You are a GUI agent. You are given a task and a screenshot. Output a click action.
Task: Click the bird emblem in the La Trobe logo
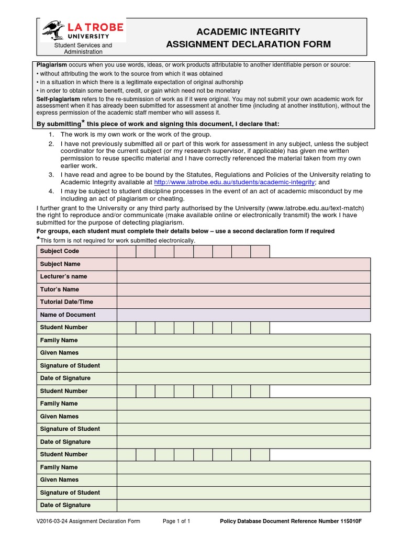[x=52, y=30]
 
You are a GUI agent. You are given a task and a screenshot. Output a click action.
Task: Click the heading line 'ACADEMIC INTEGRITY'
[x=248, y=32]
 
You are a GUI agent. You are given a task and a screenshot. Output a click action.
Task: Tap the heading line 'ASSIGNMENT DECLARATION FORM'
[x=248, y=44]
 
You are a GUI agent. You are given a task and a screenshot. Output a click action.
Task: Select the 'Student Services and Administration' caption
[x=83, y=49]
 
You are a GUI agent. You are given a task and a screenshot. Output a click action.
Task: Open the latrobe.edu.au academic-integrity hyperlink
[x=234, y=182]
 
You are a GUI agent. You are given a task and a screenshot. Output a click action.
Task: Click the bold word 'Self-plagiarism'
[x=58, y=99]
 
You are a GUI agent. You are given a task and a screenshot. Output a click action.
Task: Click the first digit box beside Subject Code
[x=127, y=251]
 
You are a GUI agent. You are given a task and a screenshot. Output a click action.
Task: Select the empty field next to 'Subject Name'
[x=243, y=264]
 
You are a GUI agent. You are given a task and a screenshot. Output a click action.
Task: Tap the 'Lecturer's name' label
[x=63, y=276]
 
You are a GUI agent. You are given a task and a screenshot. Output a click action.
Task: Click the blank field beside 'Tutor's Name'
[x=243, y=289]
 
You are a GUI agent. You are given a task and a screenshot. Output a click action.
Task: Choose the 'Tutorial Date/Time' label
[x=66, y=302]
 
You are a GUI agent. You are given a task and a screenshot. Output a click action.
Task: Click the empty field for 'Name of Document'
[x=243, y=315]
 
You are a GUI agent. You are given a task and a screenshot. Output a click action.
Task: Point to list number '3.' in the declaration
[x=51, y=175]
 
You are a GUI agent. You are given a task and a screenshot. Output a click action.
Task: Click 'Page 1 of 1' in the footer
[x=176, y=521]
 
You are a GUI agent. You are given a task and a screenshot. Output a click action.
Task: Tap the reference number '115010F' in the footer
[x=351, y=521]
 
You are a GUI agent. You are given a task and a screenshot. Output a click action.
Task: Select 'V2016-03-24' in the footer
[x=52, y=521]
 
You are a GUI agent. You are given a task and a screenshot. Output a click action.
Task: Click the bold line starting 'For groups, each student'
[x=185, y=231]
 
